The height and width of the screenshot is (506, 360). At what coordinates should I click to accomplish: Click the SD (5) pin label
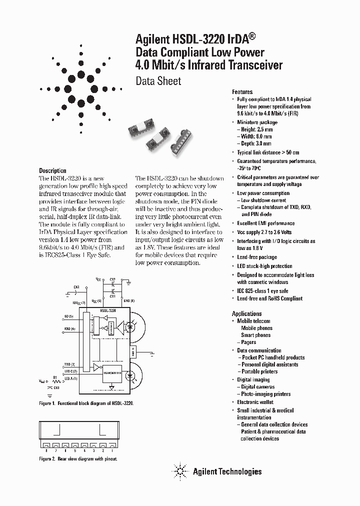(x=68, y=317)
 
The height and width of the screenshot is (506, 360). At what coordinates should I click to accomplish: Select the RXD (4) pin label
(x=69, y=329)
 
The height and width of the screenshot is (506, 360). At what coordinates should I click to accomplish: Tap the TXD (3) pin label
(x=69, y=364)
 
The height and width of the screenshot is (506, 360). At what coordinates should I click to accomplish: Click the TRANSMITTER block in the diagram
(x=113, y=372)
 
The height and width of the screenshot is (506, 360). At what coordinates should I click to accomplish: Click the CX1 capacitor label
(x=113, y=296)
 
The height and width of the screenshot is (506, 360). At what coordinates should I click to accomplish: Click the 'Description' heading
(x=52, y=170)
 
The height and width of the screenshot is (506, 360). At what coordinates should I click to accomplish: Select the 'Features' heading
(x=242, y=92)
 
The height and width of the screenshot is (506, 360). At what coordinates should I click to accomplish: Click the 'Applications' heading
(x=247, y=313)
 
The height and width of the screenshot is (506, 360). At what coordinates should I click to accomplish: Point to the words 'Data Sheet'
(x=158, y=81)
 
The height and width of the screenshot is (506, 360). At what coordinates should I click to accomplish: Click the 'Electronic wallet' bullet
(x=260, y=402)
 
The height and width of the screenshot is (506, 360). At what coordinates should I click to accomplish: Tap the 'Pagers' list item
(x=248, y=342)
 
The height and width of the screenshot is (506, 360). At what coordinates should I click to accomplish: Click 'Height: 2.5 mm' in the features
(x=256, y=129)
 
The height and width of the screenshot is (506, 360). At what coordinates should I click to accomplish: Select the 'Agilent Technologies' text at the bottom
(x=227, y=471)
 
